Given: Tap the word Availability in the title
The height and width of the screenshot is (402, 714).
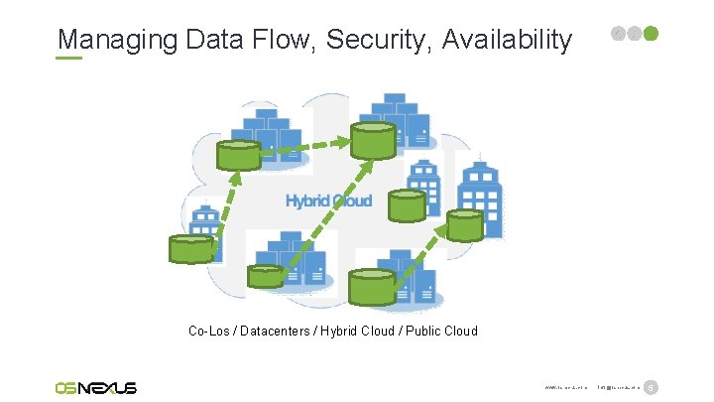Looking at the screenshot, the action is pyautogui.click(x=508, y=40).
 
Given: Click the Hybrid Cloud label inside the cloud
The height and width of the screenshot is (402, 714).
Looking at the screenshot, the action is pyautogui.click(x=328, y=201).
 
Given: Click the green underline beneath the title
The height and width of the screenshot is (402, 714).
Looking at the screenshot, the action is pyautogui.click(x=69, y=58).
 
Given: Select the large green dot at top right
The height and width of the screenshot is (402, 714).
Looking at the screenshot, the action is pyautogui.click(x=652, y=34).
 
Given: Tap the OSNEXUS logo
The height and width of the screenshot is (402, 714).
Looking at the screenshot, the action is pyautogui.click(x=96, y=387).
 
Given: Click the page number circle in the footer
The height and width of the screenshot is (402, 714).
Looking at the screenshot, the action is pyautogui.click(x=652, y=387).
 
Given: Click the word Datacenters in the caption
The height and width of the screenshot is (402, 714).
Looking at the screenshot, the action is pyautogui.click(x=266, y=331).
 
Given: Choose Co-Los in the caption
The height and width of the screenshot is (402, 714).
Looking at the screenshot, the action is pyautogui.click(x=209, y=331).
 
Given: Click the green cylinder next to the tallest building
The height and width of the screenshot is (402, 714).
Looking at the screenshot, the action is pyautogui.click(x=464, y=225).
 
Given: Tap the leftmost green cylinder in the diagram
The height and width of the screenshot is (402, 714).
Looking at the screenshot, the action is pyautogui.click(x=191, y=248).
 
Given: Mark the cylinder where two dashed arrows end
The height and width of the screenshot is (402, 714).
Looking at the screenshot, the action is pyautogui.click(x=371, y=140).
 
